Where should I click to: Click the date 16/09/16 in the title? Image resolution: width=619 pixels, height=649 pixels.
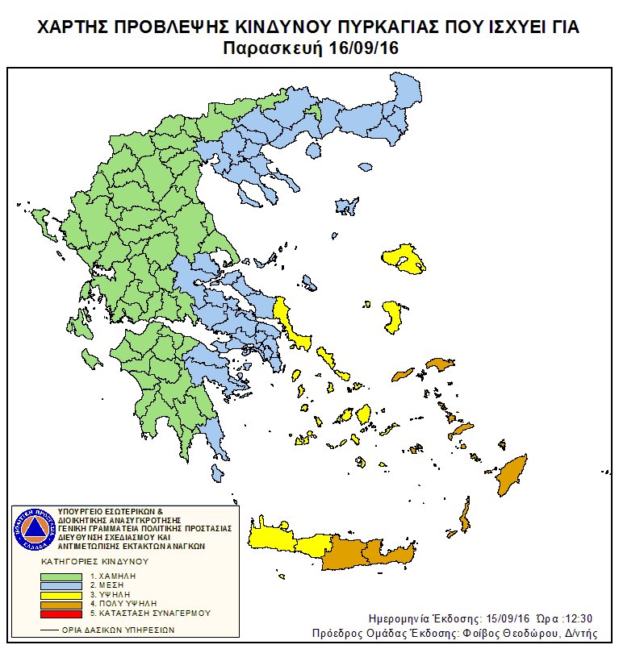tap(364, 48)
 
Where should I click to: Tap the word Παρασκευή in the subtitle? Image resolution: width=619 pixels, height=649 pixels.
tap(272, 48)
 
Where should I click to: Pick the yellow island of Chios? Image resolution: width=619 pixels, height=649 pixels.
tap(392, 316)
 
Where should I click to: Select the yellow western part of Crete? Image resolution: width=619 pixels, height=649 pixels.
tap(282, 541)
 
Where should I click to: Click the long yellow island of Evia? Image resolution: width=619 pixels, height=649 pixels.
tap(289, 322)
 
